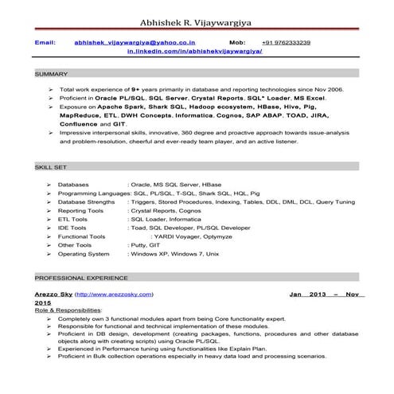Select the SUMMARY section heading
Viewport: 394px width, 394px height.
click(51, 74)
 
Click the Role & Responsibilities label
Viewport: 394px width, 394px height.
click(68, 310)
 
